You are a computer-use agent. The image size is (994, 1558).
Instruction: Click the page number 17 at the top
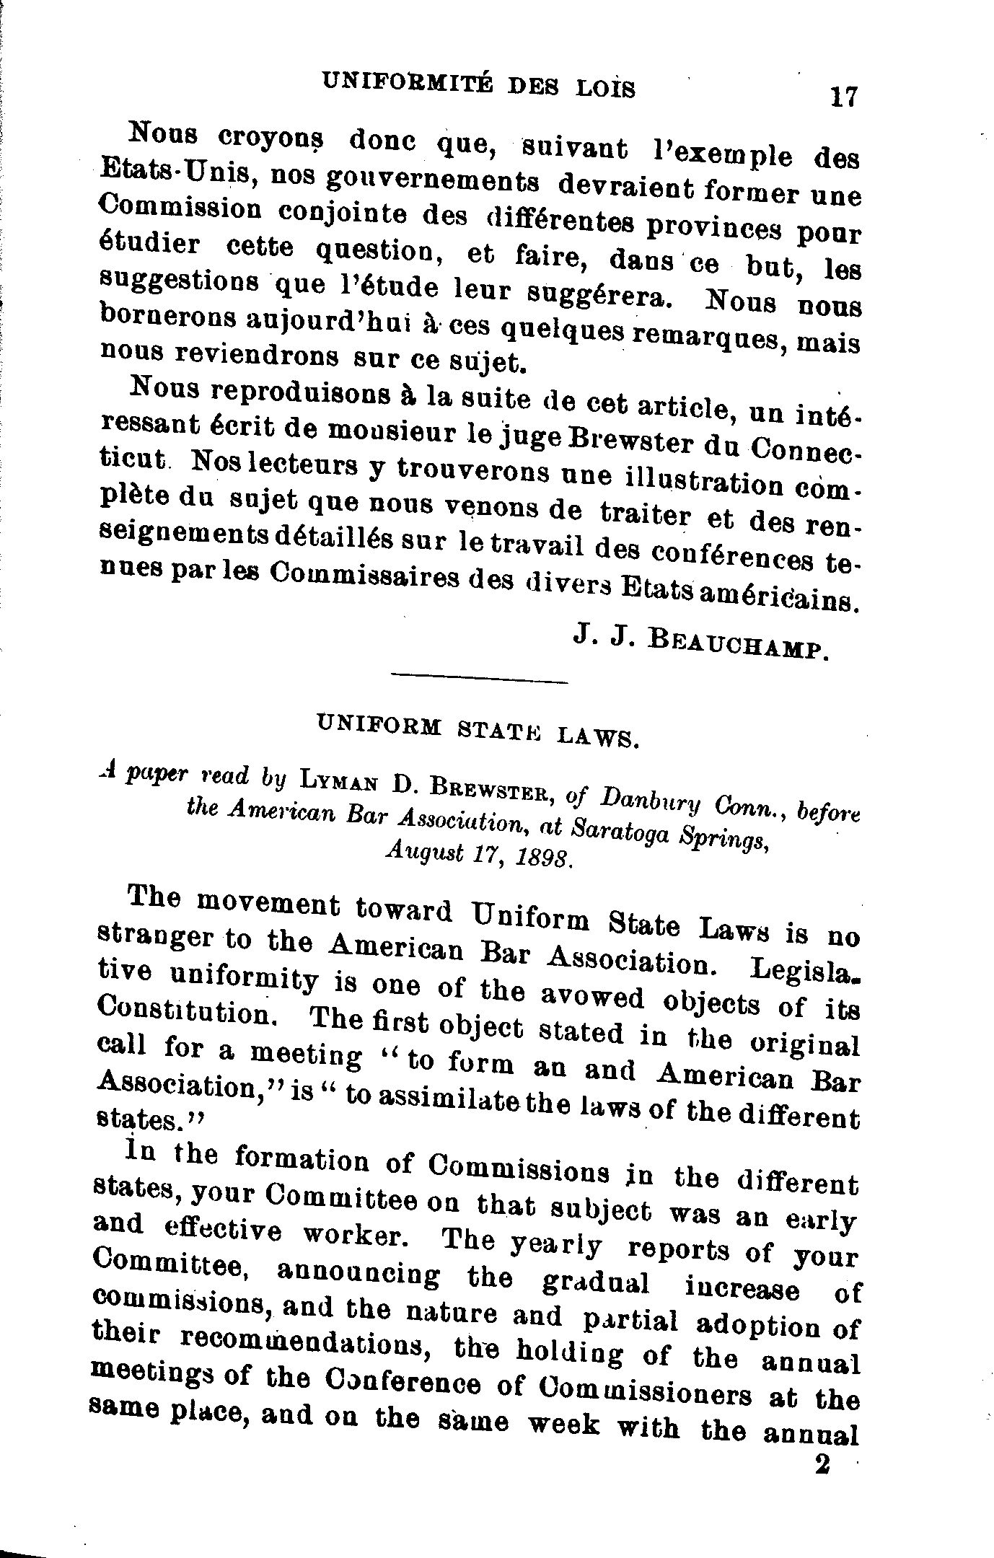[x=843, y=96]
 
